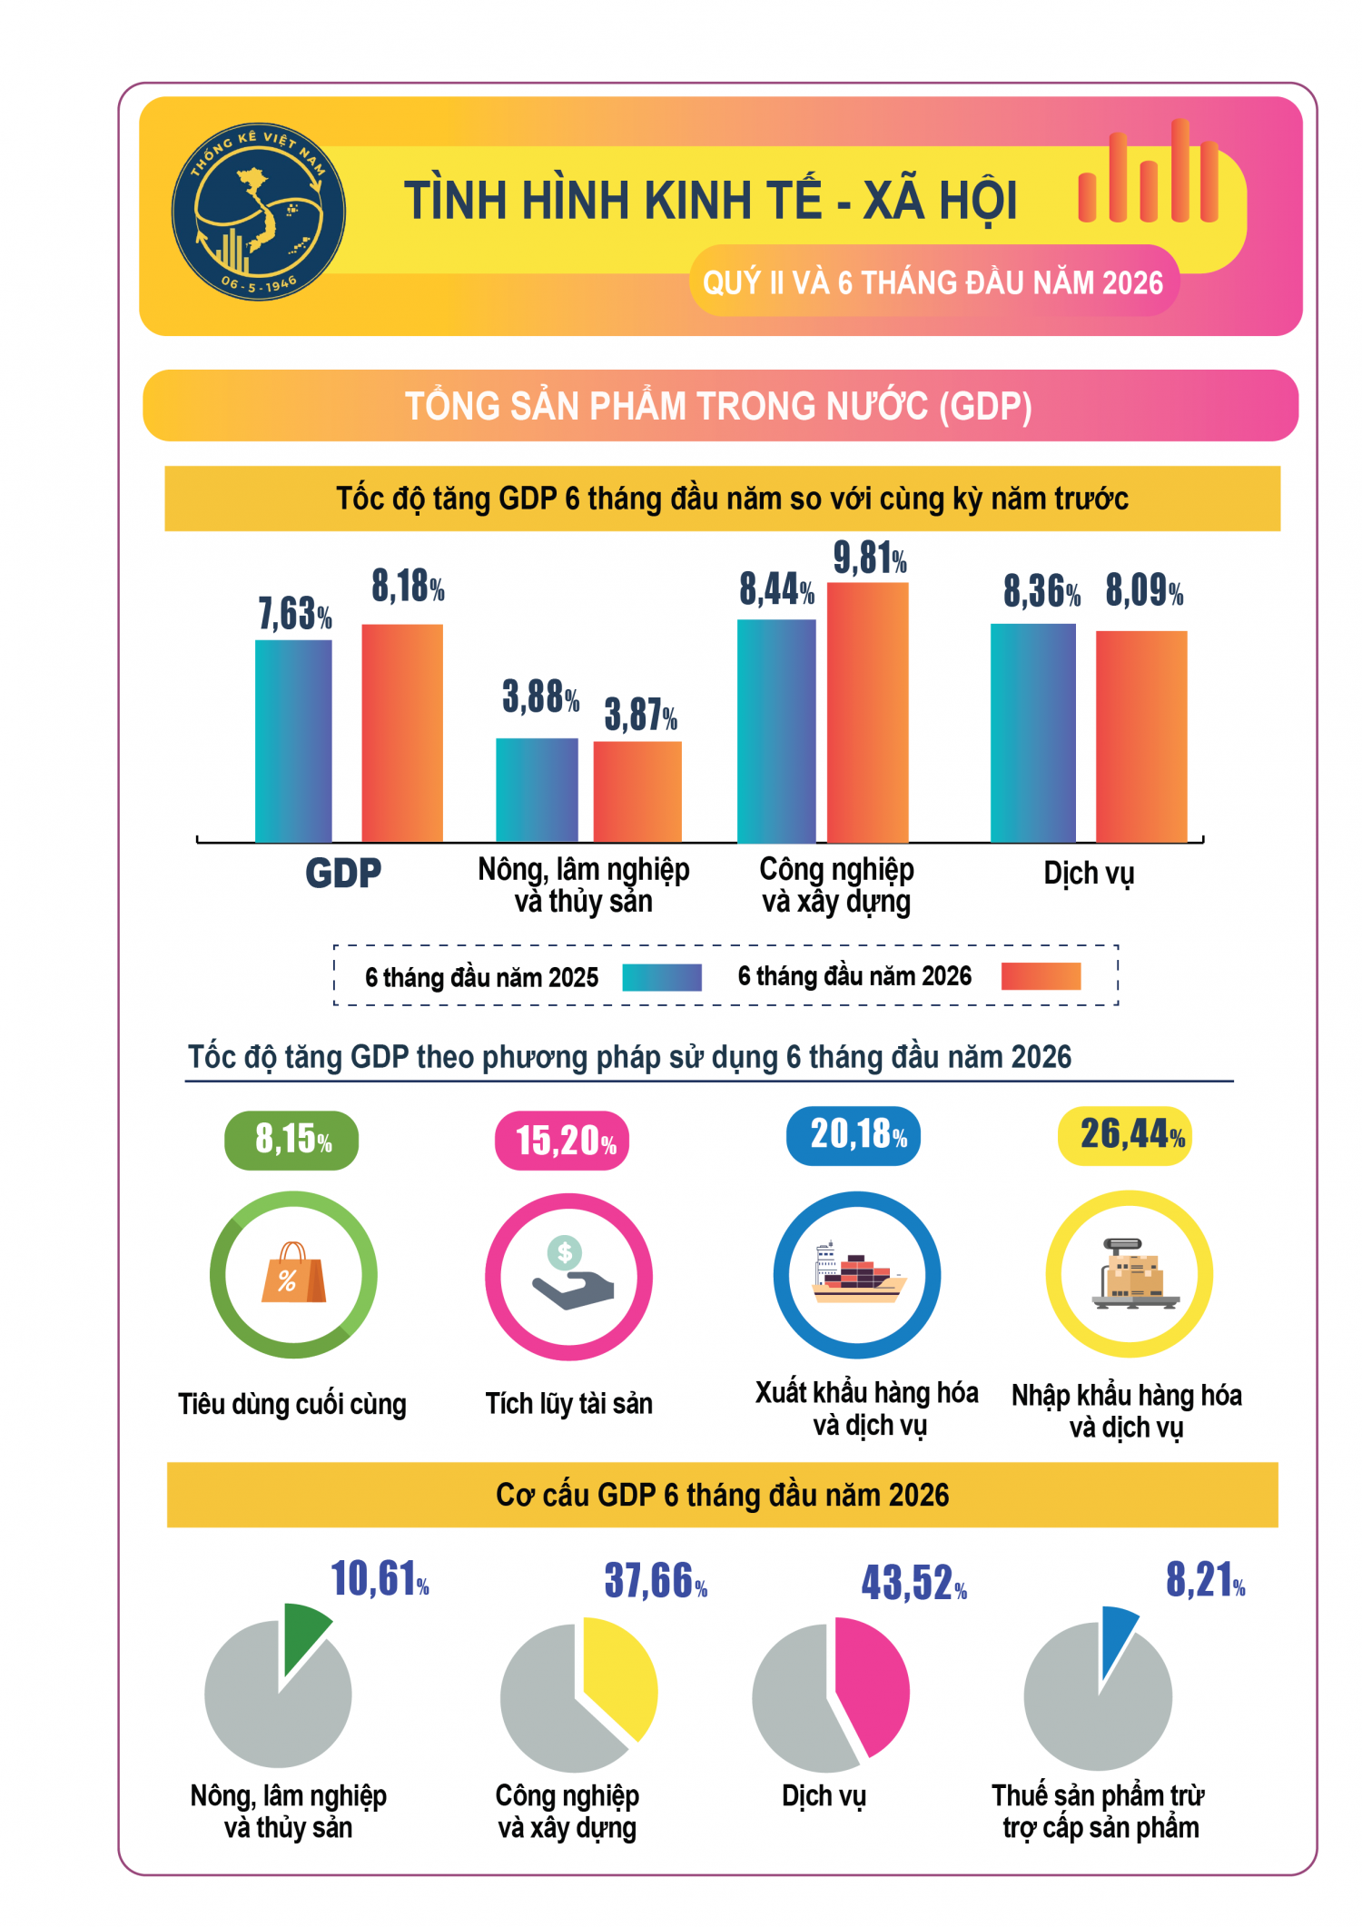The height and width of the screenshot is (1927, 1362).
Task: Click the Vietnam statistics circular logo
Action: point(259,212)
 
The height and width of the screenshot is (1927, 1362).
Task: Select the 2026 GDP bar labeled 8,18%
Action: point(402,733)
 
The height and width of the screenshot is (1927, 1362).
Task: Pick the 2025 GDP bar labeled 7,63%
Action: point(293,741)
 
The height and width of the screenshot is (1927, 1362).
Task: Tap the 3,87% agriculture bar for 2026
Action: point(637,792)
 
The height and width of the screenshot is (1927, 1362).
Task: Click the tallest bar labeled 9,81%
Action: point(867,712)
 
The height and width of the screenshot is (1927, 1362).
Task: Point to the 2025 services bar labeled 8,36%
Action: point(1033,733)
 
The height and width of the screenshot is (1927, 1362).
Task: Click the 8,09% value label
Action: point(1144,590)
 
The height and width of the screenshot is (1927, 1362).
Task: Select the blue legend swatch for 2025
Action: point(662,977)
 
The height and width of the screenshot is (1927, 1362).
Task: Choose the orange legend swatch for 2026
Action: point(1041,976)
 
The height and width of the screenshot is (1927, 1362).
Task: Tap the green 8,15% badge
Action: point(291,1140)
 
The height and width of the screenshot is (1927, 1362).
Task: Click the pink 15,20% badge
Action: point(562,1141)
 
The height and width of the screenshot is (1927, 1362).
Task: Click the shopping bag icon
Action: point(293,1273)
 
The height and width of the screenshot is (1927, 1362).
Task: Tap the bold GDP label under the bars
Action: point(343,874)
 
